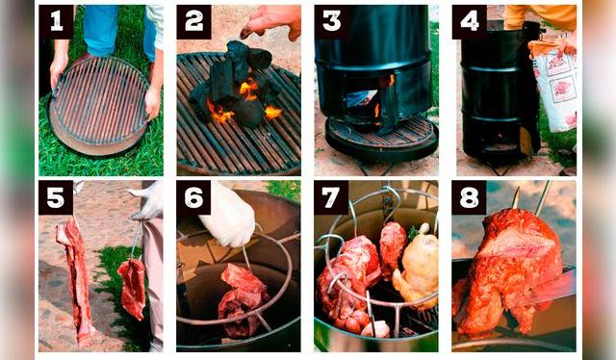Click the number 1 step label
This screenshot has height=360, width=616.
(x=56, y=22)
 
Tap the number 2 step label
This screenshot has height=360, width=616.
(x=194, y=22)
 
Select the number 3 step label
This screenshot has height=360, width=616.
(x=332, y=22)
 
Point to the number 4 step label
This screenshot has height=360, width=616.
(x=470, y=22)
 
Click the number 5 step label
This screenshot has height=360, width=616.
(x=56, y=197)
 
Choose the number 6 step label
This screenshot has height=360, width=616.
(x=193, y=197)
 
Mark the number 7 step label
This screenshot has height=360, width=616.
(x=331, y=197)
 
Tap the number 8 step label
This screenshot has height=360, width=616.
(x=469, y=197)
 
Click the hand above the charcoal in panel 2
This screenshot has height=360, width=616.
(x=271, y=21)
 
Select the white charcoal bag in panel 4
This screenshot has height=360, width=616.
(x=553, y=87)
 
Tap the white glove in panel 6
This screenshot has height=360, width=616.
(x=228, y=216)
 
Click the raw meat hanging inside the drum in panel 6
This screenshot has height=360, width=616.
(x=242, y=300)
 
